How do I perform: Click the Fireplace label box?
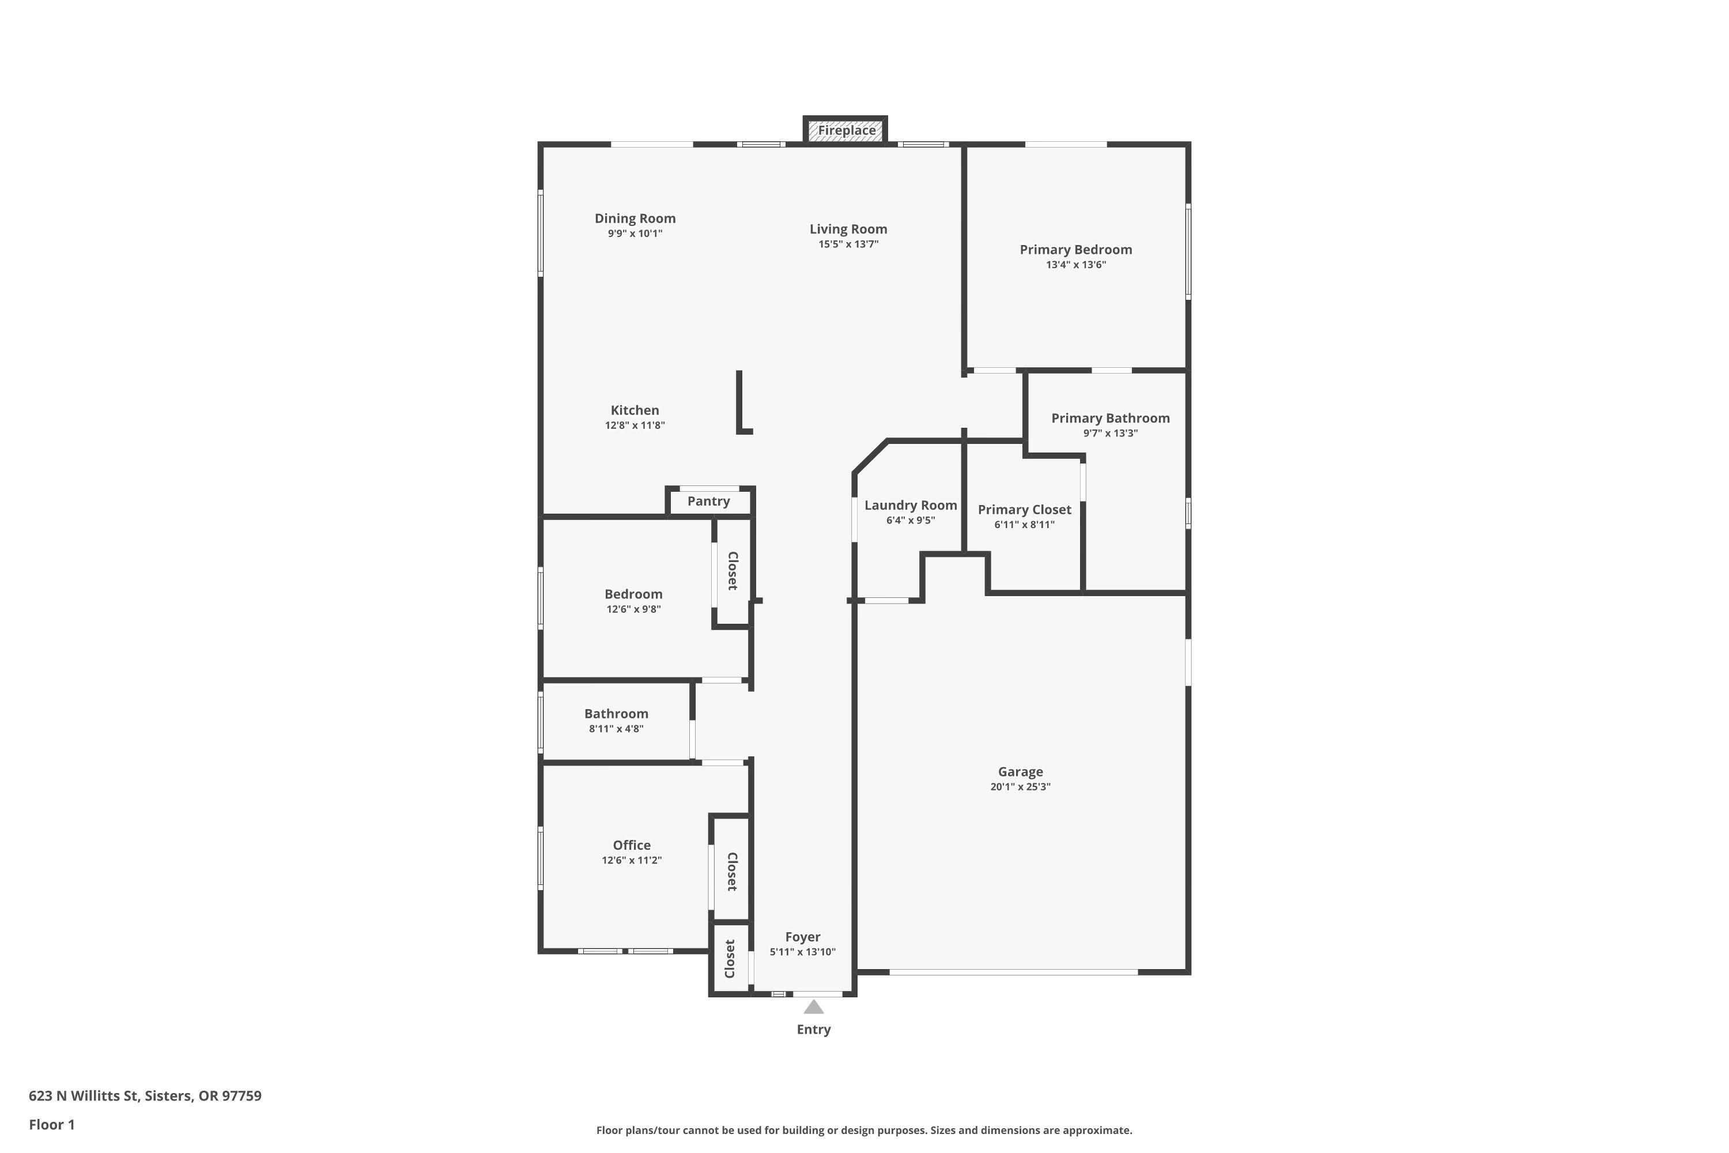pos(846,131)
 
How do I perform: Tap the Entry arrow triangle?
pos(813,1007)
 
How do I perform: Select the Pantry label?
pos(708,502)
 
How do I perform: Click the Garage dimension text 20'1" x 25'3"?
pos(1020,787)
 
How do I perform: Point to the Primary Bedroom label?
pos(1075,250)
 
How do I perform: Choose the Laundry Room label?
pos(910,505)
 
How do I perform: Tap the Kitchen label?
pos(635,410)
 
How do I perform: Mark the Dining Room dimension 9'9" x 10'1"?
pos(635,234)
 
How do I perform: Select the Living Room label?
pos(848,229)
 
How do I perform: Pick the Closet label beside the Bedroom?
pos(732,571)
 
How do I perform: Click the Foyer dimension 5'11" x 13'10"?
pos(802,952)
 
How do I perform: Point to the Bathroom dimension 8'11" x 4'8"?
pos(616,729)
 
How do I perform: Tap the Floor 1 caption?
pos(51,1124)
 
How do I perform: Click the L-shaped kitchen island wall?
pos(739,403)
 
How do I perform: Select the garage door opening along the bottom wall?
pos(1013,972)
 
